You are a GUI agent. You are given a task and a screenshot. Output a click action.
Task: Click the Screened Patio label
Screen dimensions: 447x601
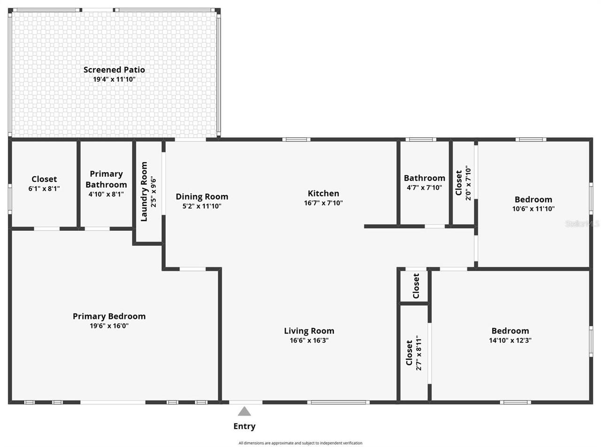pyautogui.click(x=114, y=70)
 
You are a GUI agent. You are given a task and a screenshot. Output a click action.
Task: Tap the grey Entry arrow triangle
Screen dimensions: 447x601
pyautogui.click(x=244, y=412)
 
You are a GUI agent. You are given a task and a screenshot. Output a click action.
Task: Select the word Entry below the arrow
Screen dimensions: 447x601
pyautogui.click(x=244, y=426)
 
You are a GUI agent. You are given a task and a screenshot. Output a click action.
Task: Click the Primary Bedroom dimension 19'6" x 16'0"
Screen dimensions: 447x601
pyautogui.click(x=109, y=326)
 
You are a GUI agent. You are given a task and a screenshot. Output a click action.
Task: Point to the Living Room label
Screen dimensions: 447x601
pyautogui.click(x=309, y=331)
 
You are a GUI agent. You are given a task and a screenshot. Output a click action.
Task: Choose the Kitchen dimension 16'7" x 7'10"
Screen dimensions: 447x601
pyautogui.click(x=323, y=203)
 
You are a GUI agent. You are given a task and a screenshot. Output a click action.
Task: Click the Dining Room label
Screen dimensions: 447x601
pyautogui.click(x=202, y=196)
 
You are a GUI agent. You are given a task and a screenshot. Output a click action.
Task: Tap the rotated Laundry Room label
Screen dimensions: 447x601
pyautogui.click(x=144, y=191)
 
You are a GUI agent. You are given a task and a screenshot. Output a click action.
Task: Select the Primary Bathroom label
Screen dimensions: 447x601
pyautogui.click(x=106, y=179)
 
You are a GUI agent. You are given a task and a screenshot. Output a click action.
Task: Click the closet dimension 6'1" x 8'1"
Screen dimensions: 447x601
pyautogui.click(x=44, y=188)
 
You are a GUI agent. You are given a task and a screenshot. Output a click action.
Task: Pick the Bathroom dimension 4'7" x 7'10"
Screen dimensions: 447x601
pyautogui.click(x=424, y=188)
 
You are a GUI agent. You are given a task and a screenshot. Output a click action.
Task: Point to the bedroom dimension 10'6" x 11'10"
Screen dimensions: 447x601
pyautogui.click(x=533, y=209)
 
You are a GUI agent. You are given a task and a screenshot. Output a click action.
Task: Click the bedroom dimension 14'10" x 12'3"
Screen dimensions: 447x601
pyautogui.click(x=510, y=340)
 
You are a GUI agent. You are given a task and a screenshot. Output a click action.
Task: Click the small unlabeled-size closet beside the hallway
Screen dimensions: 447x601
pyautogui.click(x=415, y=286)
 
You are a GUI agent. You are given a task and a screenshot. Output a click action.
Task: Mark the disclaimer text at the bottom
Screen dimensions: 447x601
pyautogui.click(x=300, y=443)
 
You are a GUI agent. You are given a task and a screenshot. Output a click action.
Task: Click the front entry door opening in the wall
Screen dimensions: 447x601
pyautogui.click(x=246, y=402)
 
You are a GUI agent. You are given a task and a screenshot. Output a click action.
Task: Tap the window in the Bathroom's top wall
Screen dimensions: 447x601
pyautogui.click(x=421, y=140)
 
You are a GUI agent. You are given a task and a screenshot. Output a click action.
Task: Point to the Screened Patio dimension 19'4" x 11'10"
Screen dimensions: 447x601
pyautogui.click(x=114, y=79)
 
